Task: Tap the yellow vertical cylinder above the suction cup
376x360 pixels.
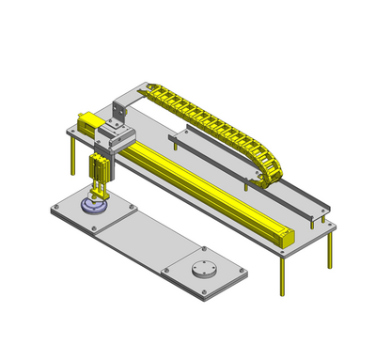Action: tap(100, 174)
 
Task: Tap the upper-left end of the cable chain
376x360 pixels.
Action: tap(151, 90)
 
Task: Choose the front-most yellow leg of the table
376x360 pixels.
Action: tap(280, 274)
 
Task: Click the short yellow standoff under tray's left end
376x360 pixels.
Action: tap(175, 145)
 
